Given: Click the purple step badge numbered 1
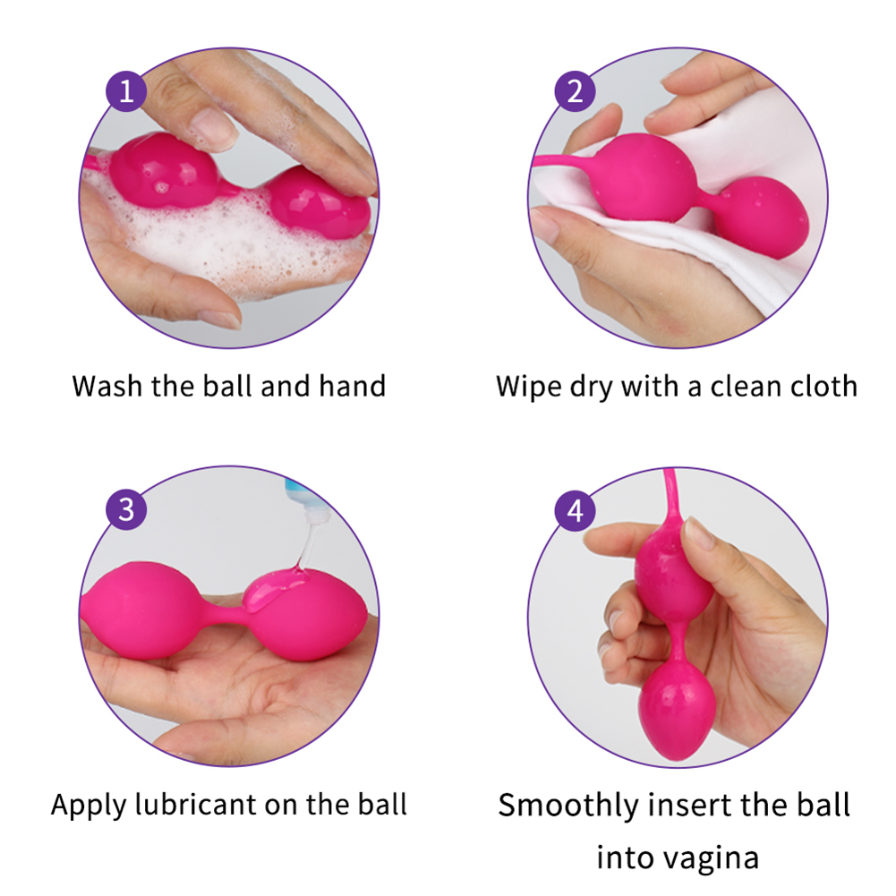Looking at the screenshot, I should point(126,92).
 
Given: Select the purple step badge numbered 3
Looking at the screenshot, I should point(126,510).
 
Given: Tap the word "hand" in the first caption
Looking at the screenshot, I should point(352,387).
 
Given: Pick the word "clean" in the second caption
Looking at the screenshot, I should point(741,387).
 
